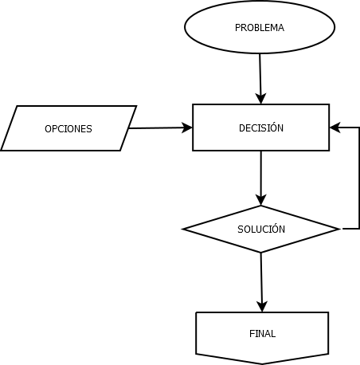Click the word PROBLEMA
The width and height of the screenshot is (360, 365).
click(x=260, y=28)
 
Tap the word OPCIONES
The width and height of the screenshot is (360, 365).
click(x=68, y=129)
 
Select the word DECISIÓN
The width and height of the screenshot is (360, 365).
click(x=261, y=128)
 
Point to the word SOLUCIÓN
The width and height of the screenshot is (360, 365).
click(x=261, y=229)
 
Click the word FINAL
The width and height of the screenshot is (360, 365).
click(x=262, y=334)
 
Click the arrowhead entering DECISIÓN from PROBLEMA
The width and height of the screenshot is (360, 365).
click(x=260, y=99)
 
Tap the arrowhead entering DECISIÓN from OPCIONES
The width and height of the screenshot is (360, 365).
click(x=187, y=128)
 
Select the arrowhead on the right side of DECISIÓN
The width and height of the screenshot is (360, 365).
click(x=335, y=128)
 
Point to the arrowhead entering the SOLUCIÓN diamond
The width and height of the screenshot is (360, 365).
click(x=261, y=200)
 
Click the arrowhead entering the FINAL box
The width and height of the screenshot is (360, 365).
click(x=262, y=307)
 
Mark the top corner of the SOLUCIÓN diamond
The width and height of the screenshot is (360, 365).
click(x=261, y=206)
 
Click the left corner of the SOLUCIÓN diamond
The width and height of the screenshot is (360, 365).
click(x=183, y=229)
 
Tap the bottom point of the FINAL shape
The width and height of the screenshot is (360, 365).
click(x=262, y=363)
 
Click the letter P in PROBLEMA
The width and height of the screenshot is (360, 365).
click(x=237, y=28)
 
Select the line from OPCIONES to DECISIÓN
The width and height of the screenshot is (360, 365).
click(x=160, y=128)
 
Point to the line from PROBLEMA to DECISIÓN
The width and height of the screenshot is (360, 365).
click(x=260, y=79)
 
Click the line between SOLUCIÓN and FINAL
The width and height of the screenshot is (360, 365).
click(x=261, y=282)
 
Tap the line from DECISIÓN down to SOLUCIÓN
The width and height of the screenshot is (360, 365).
click(x=261, y=179)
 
